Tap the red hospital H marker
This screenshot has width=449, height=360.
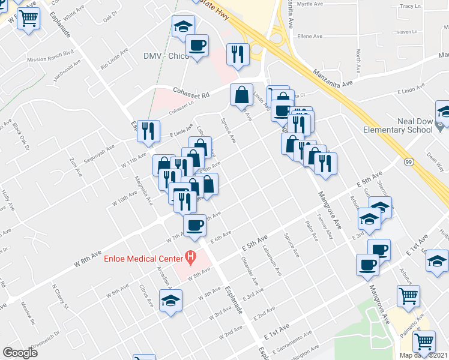[191, 259]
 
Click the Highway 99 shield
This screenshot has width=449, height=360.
[408, 162]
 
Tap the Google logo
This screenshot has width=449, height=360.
[20, 352]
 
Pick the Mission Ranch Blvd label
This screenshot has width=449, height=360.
[50, 59]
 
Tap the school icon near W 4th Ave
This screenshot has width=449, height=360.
[170, 301]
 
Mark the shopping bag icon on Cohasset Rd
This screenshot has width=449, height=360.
[241, 94]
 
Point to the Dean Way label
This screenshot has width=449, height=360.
[436, 157]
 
